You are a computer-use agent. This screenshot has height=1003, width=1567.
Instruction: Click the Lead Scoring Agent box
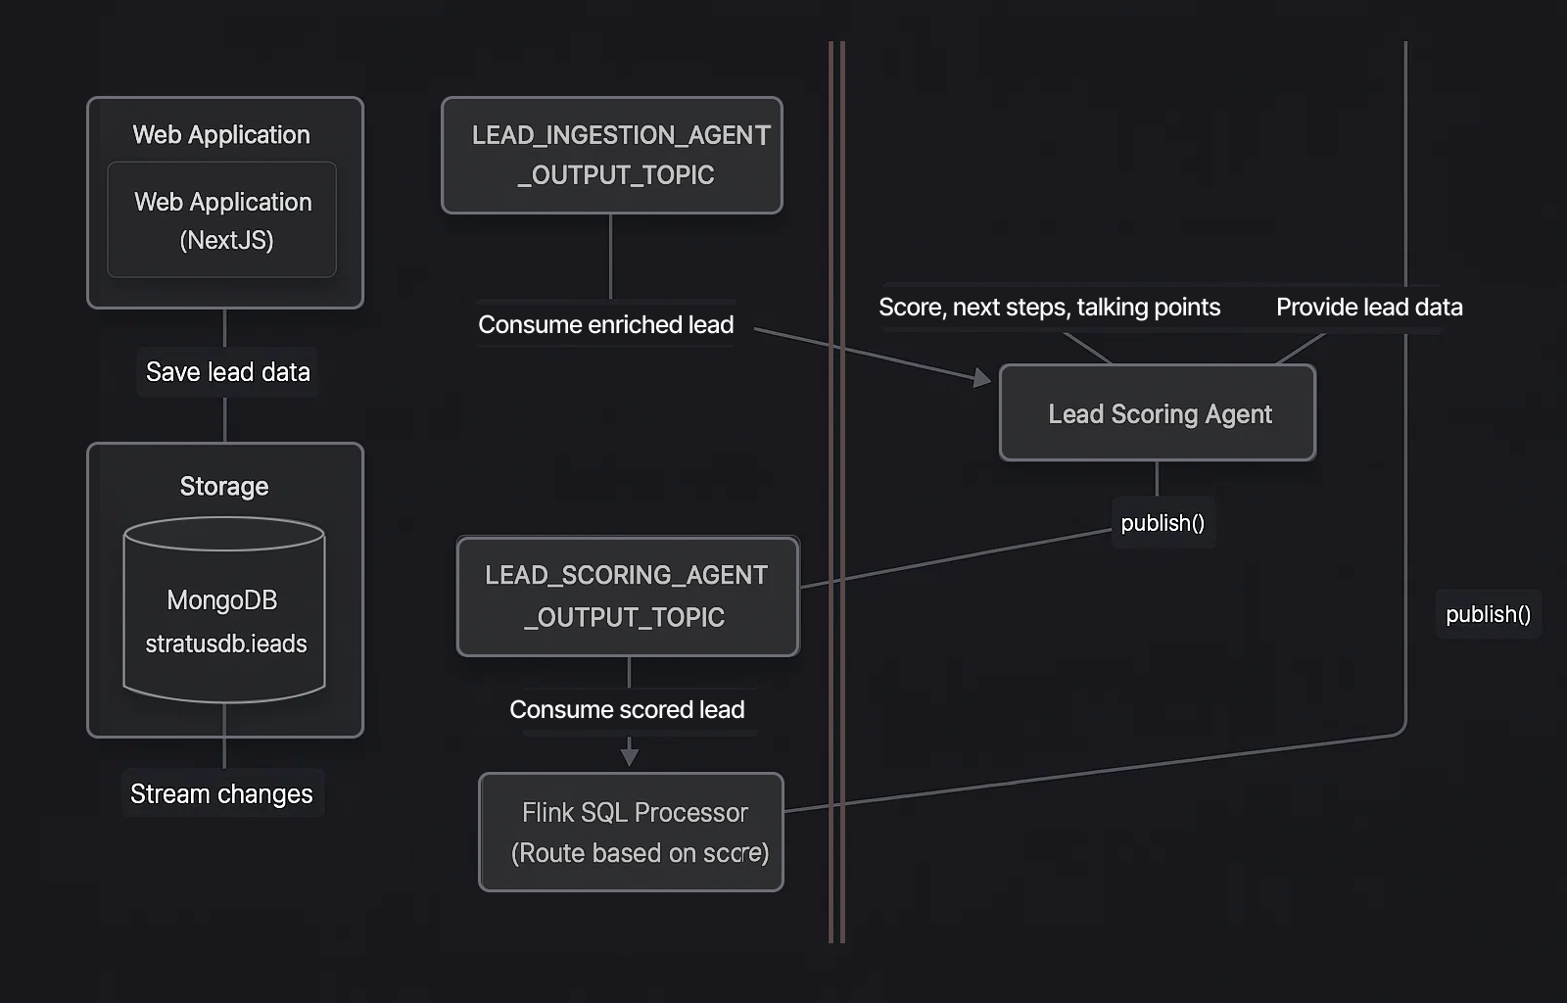pyautogui.click(x=1158, y=413)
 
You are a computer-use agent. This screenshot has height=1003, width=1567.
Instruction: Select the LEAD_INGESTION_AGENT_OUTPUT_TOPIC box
pyautogui.click(x=612, y=155)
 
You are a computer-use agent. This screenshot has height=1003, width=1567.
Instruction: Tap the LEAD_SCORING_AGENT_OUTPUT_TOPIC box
pyautogui.click(x=628, y=597)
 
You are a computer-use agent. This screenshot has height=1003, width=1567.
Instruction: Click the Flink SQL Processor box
pyautogui.click(x=631, y=832)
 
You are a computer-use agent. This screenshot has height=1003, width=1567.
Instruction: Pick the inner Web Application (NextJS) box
pyautogui.click(x=222, y=219)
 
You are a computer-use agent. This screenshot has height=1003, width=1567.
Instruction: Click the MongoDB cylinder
pyautogui.click(x=224, y=609)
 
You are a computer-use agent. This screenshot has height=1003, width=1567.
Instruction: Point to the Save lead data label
pyautogui.click(x=227, y=372)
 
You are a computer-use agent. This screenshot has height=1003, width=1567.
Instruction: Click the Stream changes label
pyautogui.click(x=221, y=793)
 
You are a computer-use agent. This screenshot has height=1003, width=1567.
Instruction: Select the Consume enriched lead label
pyautogui.click(x=605, y=324)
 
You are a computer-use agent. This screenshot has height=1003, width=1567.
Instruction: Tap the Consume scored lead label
pyautogui.click(x=627, y=709)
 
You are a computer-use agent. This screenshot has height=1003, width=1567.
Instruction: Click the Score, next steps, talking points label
pyautogui.click(x=1049, y=308)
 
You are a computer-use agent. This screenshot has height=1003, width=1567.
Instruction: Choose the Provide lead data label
pyautogui.click(x=1368, y=308)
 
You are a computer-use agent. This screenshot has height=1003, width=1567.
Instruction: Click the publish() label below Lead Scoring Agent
pyautogui.click(x=1163, y=523)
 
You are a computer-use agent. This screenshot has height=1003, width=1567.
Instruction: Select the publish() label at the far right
pyautogui.click(x=1488, y=614)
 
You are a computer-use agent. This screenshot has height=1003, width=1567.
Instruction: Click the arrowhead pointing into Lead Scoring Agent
pyautogui.click(x=982, y=377)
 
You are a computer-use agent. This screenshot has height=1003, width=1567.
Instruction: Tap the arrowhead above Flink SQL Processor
pyautogui.click(x=630, y=756)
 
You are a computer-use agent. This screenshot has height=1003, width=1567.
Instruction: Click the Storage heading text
pyautogui.click(x=224, y=486)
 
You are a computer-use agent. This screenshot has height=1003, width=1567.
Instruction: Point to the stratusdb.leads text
pyautogui.click(x=226, y=644)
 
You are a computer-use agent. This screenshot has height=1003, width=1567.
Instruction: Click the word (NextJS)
pyautogui.click(x=226, y=240)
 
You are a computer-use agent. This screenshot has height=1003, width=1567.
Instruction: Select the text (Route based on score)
pyautogui.click(x=640, y=853)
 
